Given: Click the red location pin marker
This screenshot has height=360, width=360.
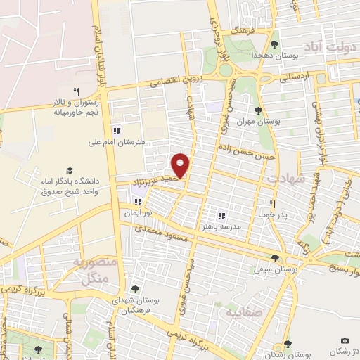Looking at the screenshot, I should [182, 165].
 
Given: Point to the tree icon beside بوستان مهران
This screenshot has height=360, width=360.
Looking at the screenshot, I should [259, 109].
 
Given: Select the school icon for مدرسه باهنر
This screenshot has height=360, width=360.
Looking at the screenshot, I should [221, 216].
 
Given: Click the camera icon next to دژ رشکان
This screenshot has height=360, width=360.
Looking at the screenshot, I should [345, 341].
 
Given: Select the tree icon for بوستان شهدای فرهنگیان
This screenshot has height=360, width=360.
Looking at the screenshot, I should [135, 289].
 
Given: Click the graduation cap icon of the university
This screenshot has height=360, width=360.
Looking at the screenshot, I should [70, 171].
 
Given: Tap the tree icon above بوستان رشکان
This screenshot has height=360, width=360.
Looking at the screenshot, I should [288, 343].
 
